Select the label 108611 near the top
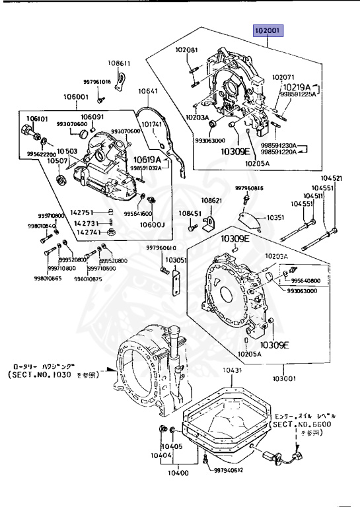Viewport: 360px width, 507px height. click(120, 63)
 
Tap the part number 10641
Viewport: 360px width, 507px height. click(148, 91)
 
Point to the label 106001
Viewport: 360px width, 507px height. click(75, 96)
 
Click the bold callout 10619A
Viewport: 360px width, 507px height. click(147, 159)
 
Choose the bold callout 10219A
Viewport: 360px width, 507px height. click(298, 86)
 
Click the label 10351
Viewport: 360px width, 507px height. click(275, 217)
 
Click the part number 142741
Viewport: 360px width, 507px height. click(88, 232)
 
